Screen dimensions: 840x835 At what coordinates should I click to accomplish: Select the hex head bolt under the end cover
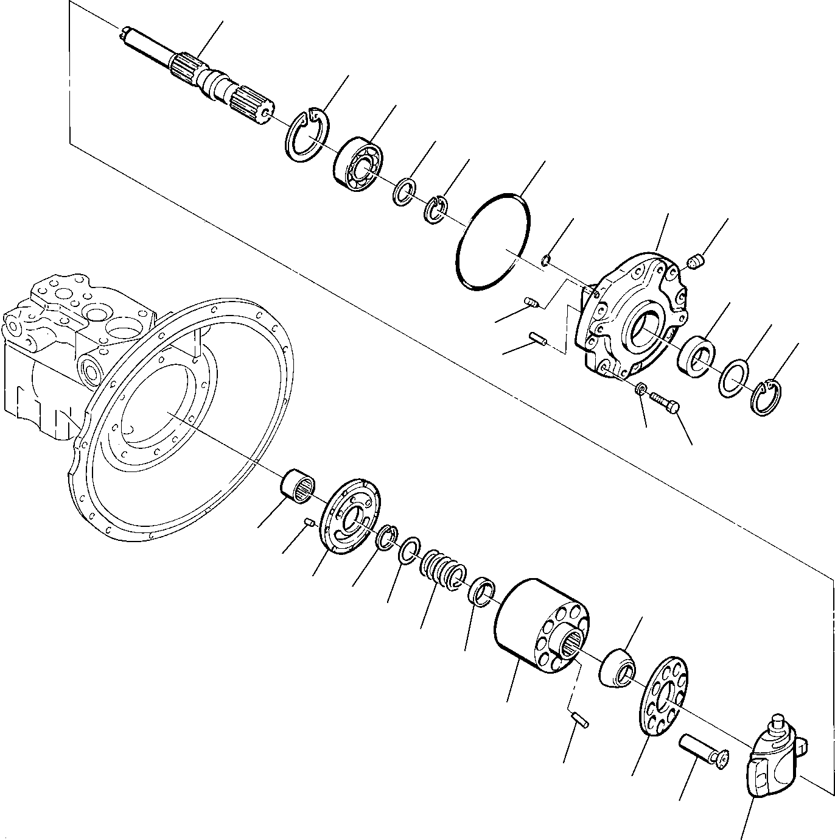pyautogui.click(x=666, y=403)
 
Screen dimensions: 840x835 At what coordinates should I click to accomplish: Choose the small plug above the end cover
pyautogui.click(x=695, y=263)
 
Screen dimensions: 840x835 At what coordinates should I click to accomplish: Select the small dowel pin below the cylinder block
pyautogui.click(x=579, y=719)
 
